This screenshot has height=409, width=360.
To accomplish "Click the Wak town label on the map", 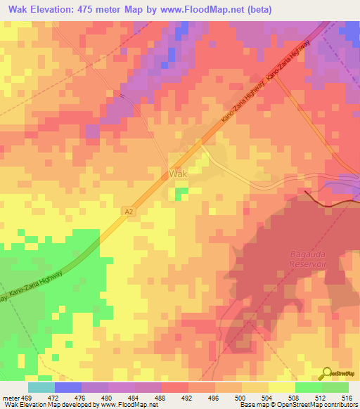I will point(178,173).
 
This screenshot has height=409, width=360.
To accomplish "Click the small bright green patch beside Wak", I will point(181,192).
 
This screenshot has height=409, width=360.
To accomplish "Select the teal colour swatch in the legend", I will point(41,387).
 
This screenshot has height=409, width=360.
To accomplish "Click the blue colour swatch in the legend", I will point(68,387).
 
